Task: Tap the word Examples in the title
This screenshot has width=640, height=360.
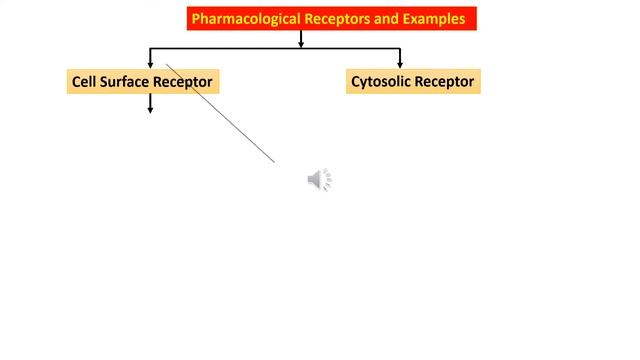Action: pos(433,18)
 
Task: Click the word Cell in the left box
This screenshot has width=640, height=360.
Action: pos(84,81)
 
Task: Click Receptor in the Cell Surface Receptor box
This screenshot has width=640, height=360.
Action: pos(182,81)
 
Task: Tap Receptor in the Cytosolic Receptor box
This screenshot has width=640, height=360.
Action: pos(446,81)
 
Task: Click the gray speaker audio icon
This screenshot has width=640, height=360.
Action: pos(319,180)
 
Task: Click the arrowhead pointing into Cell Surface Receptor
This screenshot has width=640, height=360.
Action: pos(150,63)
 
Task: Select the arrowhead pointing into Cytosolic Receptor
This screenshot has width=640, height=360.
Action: pos(400,63)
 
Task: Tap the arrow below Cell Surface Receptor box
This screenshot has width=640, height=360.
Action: pos(150,103)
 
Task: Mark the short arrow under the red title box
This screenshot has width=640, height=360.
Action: pos(300,40)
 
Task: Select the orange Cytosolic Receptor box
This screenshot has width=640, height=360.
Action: pos(413,81)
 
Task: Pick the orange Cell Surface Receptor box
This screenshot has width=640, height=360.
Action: pos(142,81)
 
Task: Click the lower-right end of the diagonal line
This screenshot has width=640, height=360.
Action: pos(273,160)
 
